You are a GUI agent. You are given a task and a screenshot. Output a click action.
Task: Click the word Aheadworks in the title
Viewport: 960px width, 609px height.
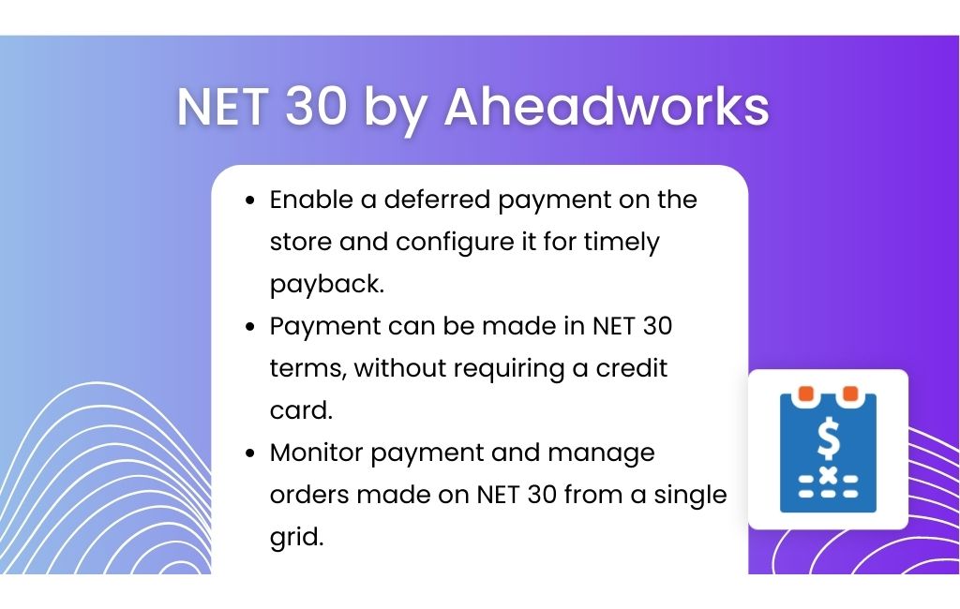(607, 107)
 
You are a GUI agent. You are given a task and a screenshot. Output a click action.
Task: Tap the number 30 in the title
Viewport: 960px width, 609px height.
(316, 107)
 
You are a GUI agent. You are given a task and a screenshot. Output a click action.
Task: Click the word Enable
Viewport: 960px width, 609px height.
(311, 200)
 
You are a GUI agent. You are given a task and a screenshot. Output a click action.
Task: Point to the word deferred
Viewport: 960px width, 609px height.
(437, 200)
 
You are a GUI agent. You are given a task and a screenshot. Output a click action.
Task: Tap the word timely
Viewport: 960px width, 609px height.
(622, 243)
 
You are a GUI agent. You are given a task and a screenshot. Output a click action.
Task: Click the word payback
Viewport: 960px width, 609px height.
(327, 285)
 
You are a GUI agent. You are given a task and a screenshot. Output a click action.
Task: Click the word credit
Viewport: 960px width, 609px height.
(632, 368)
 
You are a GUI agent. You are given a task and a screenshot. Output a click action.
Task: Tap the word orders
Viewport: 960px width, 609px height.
(309, 495)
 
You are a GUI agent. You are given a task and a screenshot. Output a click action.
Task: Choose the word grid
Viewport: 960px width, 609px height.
(296, 538)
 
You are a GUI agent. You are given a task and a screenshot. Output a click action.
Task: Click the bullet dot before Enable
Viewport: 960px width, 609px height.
(249, 201)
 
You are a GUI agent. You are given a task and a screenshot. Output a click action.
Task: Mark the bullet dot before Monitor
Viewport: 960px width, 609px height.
(249, 453)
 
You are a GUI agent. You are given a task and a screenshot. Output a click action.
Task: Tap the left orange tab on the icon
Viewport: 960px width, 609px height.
(805, 394)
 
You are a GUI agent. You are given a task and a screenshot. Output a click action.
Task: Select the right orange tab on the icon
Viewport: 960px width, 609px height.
(850, 394)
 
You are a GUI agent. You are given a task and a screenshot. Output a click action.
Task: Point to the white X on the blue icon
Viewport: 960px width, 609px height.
(829, 475)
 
